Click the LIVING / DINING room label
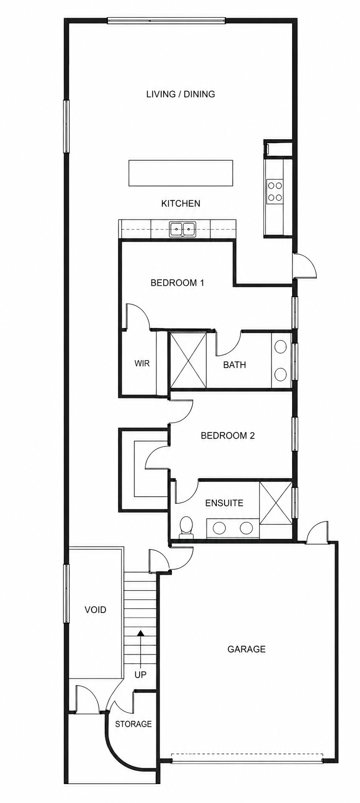click(x=180, y=94)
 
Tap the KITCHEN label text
click(x=180, y=203)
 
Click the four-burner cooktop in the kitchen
click(x=275, y=191)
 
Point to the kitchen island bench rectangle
click(x=181, y=173)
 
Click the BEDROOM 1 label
click(x=177, y=283)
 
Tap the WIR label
click(x=142, y=363)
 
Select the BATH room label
click(x=235, y=365)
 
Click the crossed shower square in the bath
click(x=189, y=360)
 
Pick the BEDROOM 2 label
click(x=228, y=436)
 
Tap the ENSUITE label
click(x=224, y=503)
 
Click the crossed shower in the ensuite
click(x=276, y=503)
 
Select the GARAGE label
click(x=246, y=649)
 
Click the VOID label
click(x=95, y=610)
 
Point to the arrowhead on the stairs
click(x=140, y=633)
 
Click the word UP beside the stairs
click(x=140, y=675)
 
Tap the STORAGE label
click(x=133, y=724)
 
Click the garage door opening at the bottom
click(x=247, y=758)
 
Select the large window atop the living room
click(x=167, y=20)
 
